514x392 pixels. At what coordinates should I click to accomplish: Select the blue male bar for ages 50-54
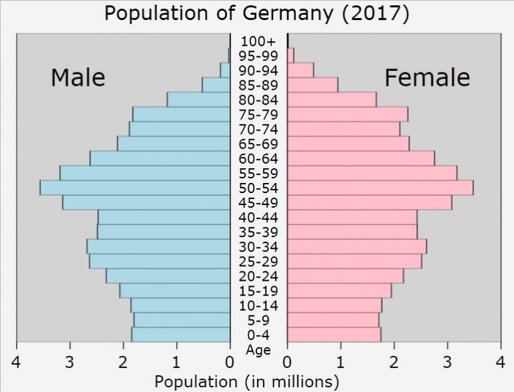pyautogui.click(x=135, y=188)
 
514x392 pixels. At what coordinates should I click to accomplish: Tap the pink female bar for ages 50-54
pyautogui.click(x=380, y=188)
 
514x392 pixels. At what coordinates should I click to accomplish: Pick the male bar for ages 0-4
pyautogui.click(x=181, y=335)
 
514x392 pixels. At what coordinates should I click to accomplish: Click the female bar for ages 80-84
pyautogui.click(x=331, y=99)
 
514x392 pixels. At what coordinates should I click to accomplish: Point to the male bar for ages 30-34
pyautogui.click(x=159, y=247)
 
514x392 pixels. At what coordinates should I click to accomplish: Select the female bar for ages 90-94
pyautogui.click(x=301, y=70)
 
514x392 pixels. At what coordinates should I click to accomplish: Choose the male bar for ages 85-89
pyautogui.click(x=216, y=84)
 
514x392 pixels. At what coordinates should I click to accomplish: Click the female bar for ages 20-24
pyautogui.click(x=345, y=276)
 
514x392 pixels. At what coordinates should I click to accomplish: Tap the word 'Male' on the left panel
pyautogui.click(x=78, y=78)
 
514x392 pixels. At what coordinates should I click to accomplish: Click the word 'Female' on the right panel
pyautogui.click(x=426, y=78)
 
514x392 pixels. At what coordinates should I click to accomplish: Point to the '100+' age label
pyautogui.click(x=258, y=41)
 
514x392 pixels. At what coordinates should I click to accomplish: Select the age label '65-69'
pyautogui.click(x=258, y=144)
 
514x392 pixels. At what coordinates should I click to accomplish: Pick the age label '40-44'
pyautogui.click(x=258, y=218)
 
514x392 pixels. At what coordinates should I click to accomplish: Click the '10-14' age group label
pyautogui.click(x=258, y=306)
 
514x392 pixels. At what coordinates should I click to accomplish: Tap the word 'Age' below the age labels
pyautogui.click(x=258, y=349)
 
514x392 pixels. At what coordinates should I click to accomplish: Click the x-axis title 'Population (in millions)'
pyautogui.click(x=246, y=382)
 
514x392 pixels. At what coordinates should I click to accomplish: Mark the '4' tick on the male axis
pyautogui.click(x=16, y=363)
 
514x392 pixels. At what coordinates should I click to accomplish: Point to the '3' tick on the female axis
pyautogui.click(x=447, y=363)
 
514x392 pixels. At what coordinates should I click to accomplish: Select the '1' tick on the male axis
pyautogui.click(x=177, y=363)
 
